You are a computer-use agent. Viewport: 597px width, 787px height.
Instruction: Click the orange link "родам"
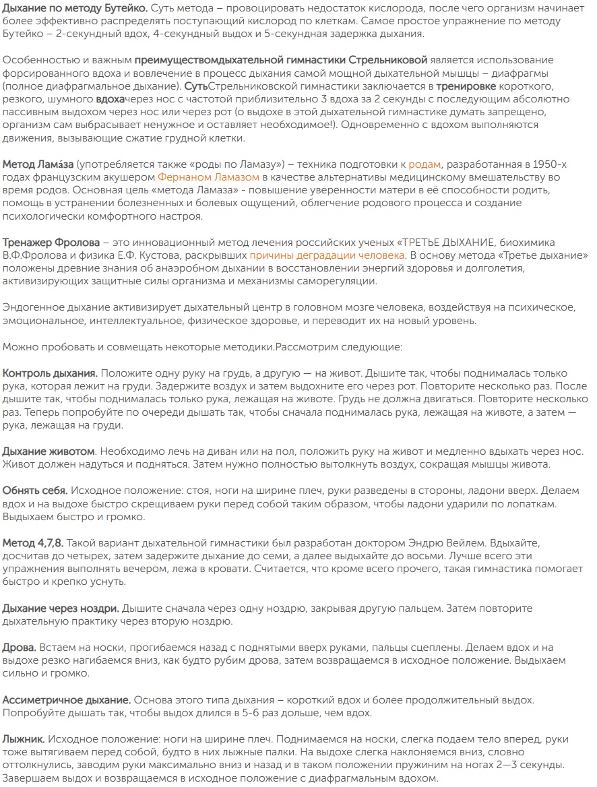click(425, 164)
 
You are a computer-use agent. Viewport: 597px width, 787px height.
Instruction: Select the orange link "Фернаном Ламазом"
click(210, 177)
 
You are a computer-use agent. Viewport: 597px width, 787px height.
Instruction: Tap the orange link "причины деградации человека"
click(327, 255)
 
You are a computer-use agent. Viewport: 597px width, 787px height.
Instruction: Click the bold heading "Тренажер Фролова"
click(51, 242)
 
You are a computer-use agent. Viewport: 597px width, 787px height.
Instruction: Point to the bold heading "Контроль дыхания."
click(51, 373)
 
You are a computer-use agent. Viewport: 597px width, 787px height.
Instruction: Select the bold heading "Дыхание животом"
click(49, 450)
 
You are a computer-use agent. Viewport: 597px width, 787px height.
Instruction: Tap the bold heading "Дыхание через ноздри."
click(61, 608)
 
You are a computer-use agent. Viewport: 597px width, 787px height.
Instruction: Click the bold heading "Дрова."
click(20, 647)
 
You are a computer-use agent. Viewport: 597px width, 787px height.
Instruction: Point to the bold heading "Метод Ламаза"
click(38, 164)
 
